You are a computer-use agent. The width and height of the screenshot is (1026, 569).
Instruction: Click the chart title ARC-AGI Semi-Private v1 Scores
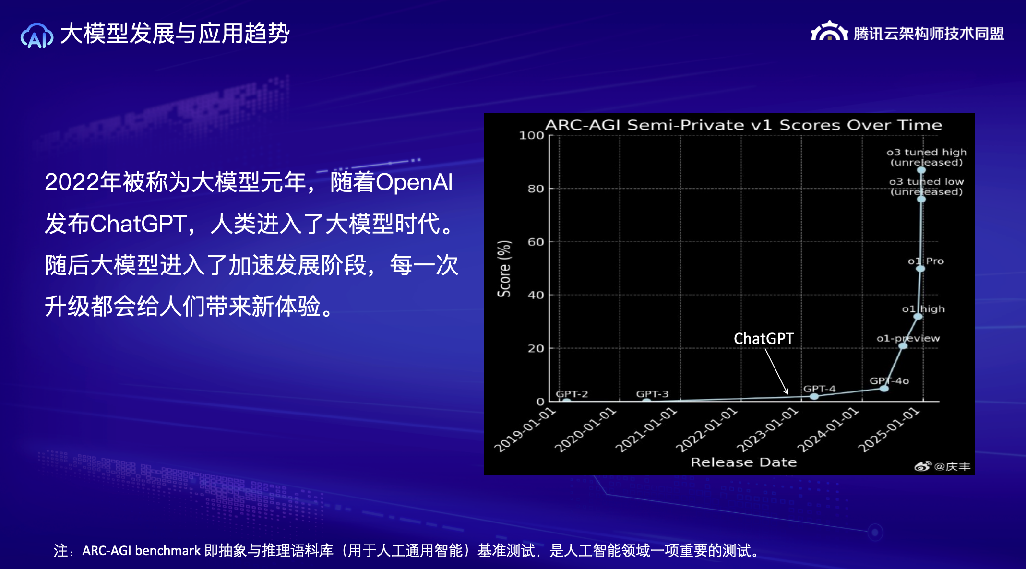point(743,125)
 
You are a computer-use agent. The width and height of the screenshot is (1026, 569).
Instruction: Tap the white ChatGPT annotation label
point(764,339)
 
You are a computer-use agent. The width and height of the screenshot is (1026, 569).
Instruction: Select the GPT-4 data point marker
point(814,396)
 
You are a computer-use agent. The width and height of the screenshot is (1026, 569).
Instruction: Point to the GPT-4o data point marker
point(884,388)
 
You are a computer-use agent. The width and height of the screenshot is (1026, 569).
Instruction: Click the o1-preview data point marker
point(903,346)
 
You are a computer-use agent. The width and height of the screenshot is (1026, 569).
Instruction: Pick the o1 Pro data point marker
point(920,269)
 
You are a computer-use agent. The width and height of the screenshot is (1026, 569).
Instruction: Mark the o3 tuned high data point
point(921,170)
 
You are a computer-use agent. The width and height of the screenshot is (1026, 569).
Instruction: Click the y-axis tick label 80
point(536,189)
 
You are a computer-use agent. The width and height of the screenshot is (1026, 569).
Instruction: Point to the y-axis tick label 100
point(532,135)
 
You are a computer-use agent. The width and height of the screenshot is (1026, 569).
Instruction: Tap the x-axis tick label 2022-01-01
point(706,430)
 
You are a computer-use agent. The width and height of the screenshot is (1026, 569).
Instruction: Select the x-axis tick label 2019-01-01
point(525,430)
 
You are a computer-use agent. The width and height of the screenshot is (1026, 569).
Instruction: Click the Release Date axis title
point(743,462)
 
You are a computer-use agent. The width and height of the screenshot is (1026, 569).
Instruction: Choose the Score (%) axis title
point(504,269)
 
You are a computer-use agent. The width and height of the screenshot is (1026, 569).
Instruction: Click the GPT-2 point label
point(572,394)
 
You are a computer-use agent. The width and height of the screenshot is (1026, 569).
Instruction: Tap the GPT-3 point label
point(652,394)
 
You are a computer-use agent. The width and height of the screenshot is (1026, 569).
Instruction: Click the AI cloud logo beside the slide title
point(37,36)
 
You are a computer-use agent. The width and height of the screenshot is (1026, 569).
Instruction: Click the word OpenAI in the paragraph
point(414,182)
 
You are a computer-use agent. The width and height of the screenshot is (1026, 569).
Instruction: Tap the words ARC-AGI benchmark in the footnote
point(141,550)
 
